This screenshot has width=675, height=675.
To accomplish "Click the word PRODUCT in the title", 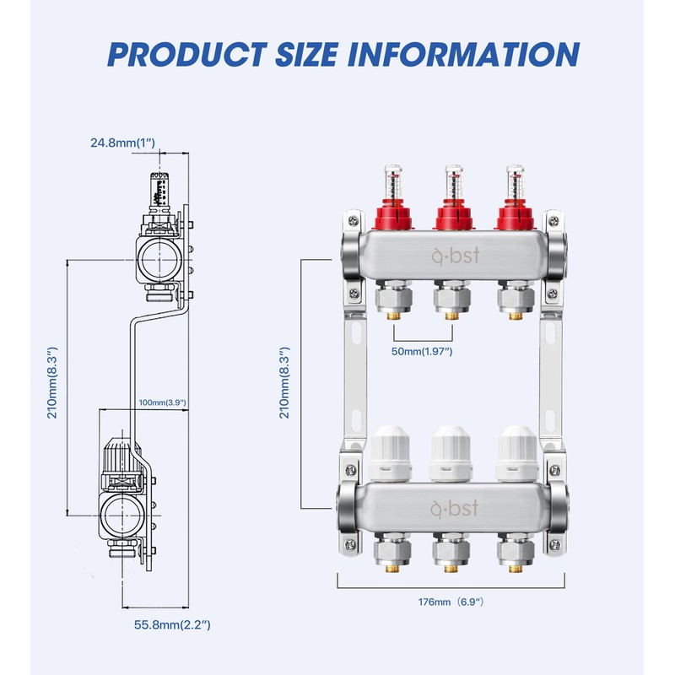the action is point(187,54).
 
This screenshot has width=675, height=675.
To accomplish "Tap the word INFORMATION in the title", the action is point(463,54).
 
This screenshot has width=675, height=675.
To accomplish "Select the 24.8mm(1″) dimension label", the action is point(122,143).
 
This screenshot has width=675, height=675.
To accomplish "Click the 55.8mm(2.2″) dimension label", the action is point(172,624).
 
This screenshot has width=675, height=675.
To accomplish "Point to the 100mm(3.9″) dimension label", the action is point(162,402).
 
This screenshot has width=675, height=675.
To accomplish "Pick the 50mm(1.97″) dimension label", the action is point(422,351).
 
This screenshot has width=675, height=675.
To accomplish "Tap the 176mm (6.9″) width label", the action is point(451,602).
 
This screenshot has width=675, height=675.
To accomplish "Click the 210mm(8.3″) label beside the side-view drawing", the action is point(52,382).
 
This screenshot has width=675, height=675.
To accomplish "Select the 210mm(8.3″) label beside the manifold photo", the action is point(284,382).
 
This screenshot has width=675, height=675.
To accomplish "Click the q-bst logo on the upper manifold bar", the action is point(456,256).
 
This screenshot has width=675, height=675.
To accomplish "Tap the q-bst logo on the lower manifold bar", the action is point(455,508).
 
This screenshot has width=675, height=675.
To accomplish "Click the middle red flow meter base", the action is point(453,218).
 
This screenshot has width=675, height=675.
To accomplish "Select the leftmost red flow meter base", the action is point(392,218).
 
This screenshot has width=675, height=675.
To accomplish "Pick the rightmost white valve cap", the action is point(517,454).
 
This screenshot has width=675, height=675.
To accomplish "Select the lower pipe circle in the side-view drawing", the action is point(121,516).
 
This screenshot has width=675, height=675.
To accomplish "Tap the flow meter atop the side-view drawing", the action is point(159,189).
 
